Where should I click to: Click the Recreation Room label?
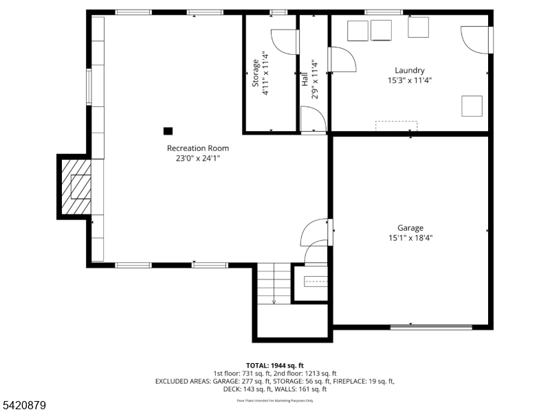pos(198,148)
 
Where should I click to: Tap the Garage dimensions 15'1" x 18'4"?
pos(410,238)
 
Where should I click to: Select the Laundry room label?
pos(409,70)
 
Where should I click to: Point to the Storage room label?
pos(255,73)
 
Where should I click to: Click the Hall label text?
pos(305,78)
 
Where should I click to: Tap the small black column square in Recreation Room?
pos(168,130)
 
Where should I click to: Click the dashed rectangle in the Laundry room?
pos(396,125)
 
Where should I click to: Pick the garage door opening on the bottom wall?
pos(431,327)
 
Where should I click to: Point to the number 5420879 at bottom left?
pos(24,406)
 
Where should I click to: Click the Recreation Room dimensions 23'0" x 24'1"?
pos(198,158)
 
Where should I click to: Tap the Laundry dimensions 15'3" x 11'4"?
pos(409,80)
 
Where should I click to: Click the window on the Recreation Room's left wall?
pos(89,87)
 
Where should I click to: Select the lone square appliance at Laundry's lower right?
pos(471,106)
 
